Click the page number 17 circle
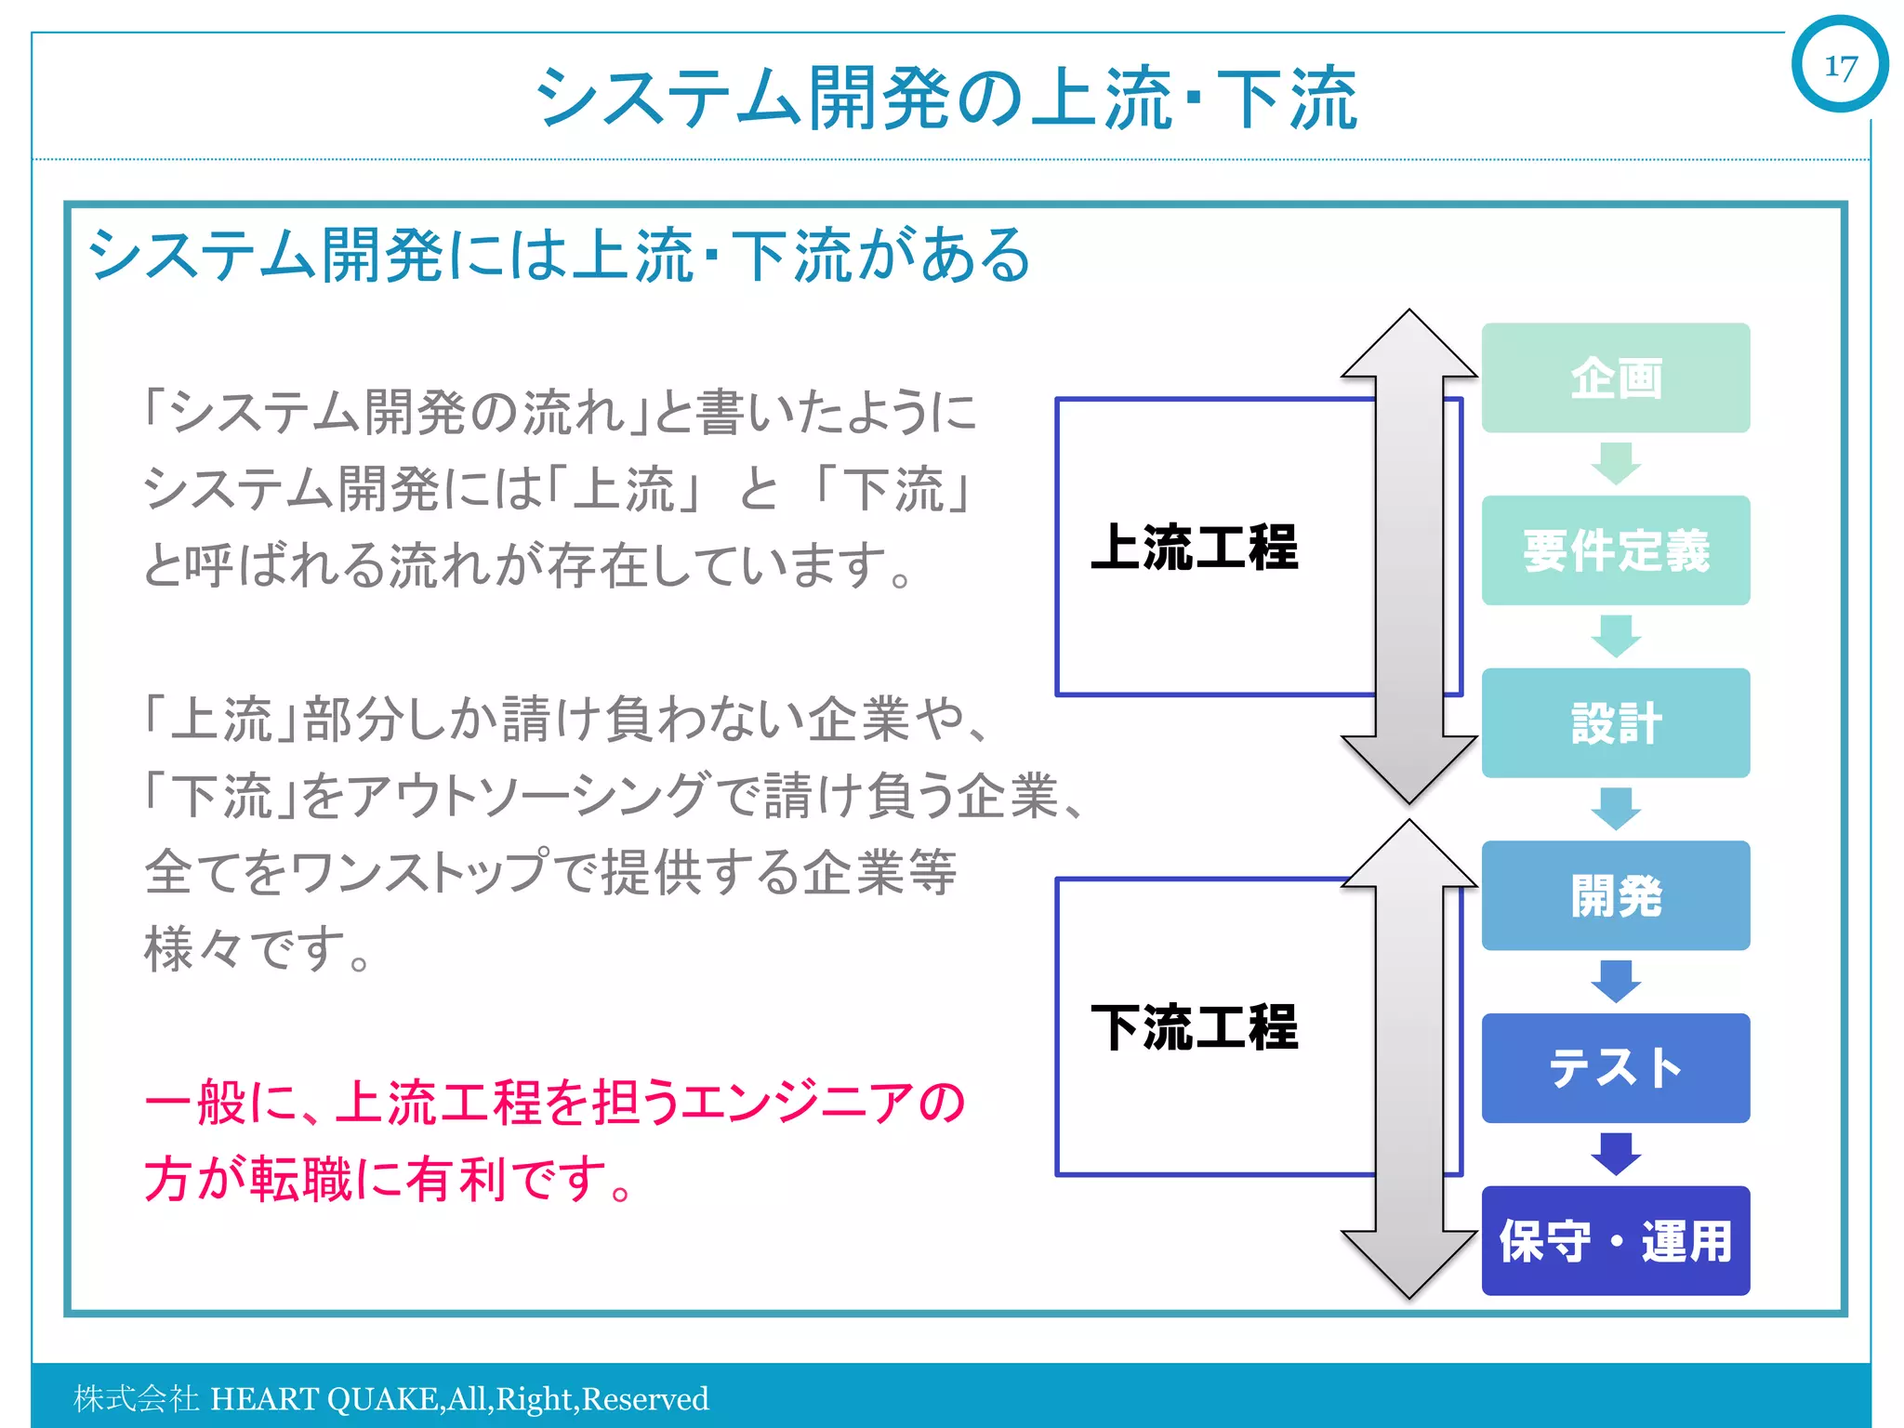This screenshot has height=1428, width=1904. pos(1839,65)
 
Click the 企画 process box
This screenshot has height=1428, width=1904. pos(1615,377)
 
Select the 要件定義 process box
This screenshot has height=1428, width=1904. pos(1615,550)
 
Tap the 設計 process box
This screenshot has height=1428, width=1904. pos(1615,723)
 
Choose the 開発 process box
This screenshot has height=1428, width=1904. pos(1615,895)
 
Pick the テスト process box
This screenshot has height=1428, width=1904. pos(1615,1067)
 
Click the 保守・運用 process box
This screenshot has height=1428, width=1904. pos(1615,1240)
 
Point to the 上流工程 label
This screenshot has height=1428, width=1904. pos(1194,547)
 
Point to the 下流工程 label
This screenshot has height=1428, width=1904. pos(1194,1026)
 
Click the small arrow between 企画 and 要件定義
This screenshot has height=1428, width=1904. pos(1616,463)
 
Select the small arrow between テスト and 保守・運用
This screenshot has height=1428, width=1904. pos(1616,1153)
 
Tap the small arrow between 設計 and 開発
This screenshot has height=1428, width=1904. pos(1616,808)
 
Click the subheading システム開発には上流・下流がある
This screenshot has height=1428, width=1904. pos(558,255)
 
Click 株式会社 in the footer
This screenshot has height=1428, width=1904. pos(136,1398)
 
